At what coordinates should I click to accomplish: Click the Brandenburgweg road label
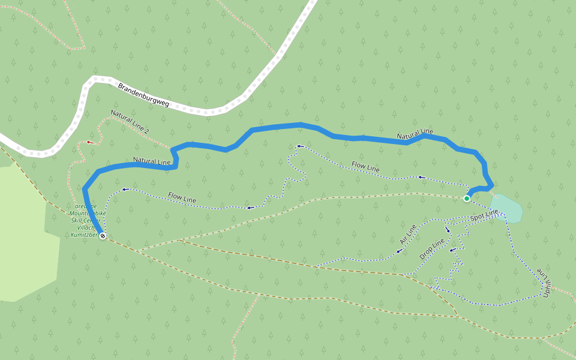(x=144, y=95)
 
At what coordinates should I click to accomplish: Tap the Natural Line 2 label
(x=130, y=122)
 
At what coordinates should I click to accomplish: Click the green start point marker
(x=466, y=198)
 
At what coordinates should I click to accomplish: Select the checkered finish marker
(x=103, y=236)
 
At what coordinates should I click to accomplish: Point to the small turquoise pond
(x=506, y=208)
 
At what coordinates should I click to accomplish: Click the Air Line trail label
(x=408, y=233)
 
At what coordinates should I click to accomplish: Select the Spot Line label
(x=484, y=215)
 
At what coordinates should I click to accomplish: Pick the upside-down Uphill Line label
(x=546, y=281)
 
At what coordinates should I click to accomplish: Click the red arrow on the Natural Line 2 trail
(x=90, y=142)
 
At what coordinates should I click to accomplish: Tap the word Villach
(x=86, y=228)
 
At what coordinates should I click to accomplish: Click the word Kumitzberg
(x=83, y=235)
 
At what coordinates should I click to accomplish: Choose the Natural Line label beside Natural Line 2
(x=152, y=161)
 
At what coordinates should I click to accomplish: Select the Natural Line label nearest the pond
(x=415, y=136)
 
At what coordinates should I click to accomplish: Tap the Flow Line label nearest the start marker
(x=365, y=167)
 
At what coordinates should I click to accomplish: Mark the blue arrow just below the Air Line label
(x=399, y=251)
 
